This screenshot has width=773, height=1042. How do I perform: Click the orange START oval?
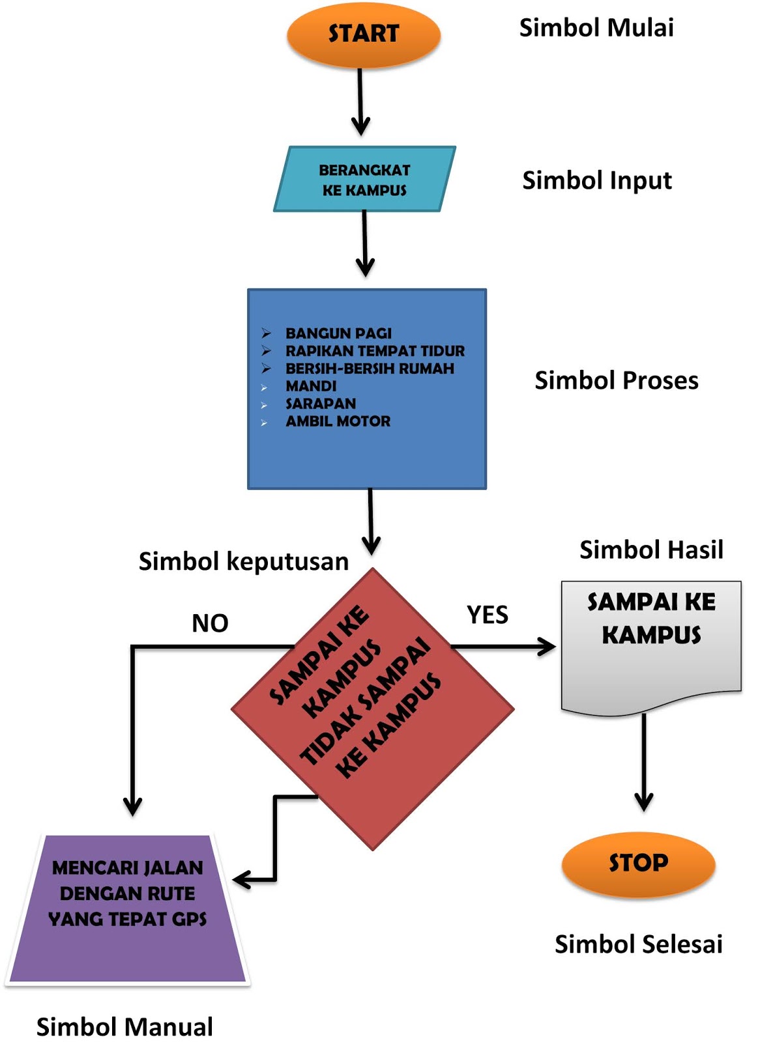pos(363,34)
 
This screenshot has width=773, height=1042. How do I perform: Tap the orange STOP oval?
pos(638,864)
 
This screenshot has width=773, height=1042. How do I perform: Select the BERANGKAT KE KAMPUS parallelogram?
pos(364,179)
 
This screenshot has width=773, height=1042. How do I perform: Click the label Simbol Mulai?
pos(596,28)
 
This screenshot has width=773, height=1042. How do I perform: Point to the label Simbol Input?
pos(596,180)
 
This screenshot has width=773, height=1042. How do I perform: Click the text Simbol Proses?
pos(616,380)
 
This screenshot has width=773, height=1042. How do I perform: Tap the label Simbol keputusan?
pos(243,561)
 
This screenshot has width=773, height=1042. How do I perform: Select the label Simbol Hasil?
pos(651,550)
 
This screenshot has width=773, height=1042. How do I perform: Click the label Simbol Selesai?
pos(638,944)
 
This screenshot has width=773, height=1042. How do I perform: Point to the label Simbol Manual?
pos(124,1027)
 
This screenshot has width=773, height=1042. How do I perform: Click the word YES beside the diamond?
pos(487,615)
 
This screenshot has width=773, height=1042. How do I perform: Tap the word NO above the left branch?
pos(210,623)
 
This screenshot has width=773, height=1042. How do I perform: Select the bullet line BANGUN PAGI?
pos(338,333)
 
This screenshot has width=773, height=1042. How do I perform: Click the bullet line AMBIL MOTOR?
pos(338,421)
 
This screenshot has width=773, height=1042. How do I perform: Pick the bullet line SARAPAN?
pos(321,404)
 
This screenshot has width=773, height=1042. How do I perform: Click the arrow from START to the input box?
pos(360,101)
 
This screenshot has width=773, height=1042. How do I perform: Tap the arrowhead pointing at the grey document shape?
pos(546,647)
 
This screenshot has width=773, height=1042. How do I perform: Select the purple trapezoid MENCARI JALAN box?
pos(128,912)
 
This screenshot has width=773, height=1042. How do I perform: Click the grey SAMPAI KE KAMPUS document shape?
pos(651,645)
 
